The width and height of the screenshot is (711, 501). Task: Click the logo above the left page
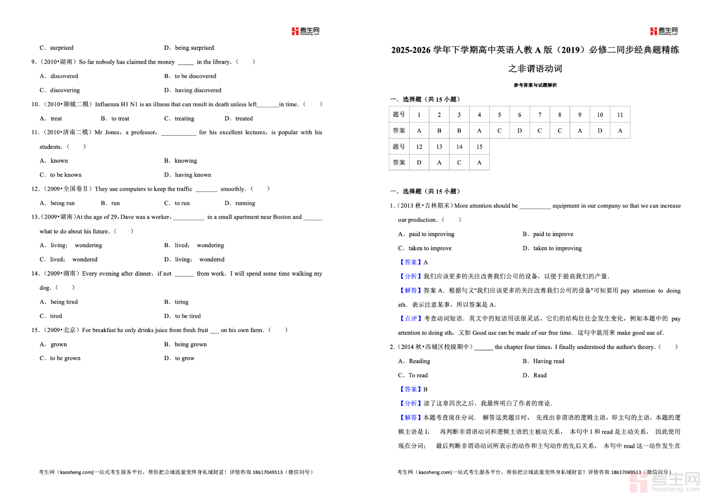point(305,31)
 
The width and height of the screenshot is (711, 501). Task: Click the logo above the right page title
point(664,31)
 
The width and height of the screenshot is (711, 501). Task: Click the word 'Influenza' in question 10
point(107,104)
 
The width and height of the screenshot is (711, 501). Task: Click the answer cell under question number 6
point(519,131)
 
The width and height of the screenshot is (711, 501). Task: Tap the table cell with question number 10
point(600,115)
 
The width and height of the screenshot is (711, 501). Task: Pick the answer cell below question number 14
point(459,162)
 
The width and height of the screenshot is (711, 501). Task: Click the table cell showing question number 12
point(419,147)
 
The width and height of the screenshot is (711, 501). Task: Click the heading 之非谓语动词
point(535,68)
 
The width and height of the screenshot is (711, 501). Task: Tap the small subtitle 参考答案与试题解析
point(535,85)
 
